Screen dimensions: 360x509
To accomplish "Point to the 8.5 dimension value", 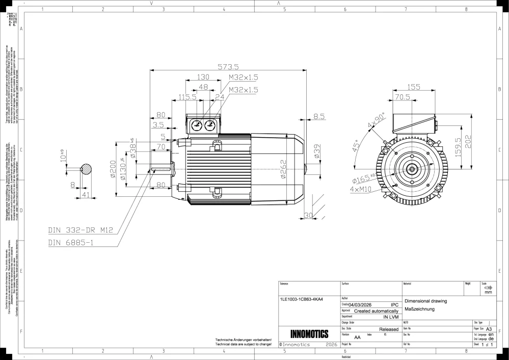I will (x=319, y=117).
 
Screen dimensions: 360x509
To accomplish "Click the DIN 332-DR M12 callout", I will (x=81, y=230).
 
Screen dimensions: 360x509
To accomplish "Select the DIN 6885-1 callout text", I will (x=71, y=243).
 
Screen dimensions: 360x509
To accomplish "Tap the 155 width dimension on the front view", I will (x=414, y=87).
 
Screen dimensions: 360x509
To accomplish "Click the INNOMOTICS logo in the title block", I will (x=309, y=335).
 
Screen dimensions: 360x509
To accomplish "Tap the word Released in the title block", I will (x=389, y=329).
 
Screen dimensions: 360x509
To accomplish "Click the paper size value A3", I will (x=490, y=329).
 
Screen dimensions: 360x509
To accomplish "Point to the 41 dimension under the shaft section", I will (x=86, y=195).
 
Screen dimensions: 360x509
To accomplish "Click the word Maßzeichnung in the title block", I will (x=419, y=309).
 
